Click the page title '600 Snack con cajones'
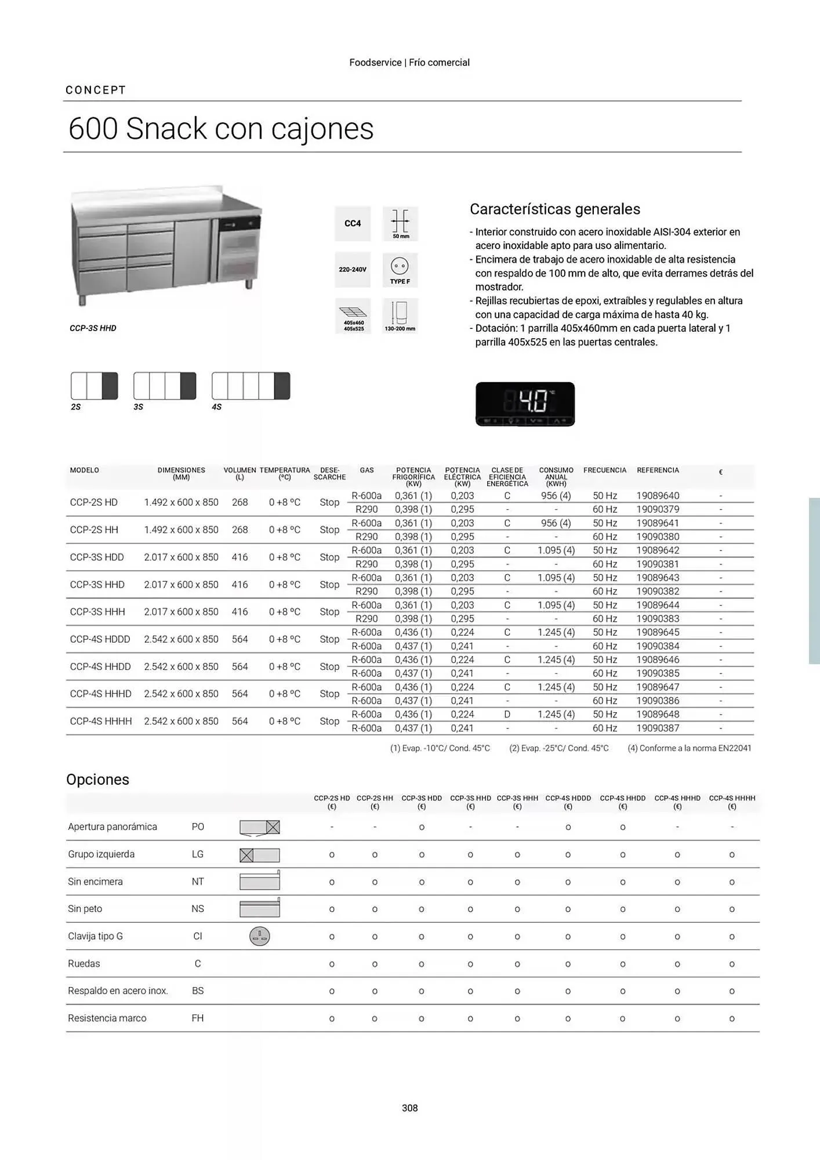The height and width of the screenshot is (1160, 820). click(x=221, y=129)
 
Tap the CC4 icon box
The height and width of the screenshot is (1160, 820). click(x=353, y=224)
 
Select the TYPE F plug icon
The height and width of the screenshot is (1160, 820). click(x=400, y=270)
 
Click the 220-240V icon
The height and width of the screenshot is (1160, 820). click(x=353, y=270)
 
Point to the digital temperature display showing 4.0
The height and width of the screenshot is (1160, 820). click(x=525, y=404)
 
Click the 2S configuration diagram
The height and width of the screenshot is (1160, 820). click(x=94, y=386)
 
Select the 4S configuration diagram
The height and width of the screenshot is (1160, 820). click(x=251, y=386)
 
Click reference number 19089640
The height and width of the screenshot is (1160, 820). click(x=658, y=496)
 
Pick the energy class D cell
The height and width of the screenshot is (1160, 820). click(x=507, y=715)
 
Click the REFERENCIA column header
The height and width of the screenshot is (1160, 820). click(x=658, y=470)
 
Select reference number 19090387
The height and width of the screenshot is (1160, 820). click(x=658, y=728)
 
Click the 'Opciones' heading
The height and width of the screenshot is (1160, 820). click(x=97, y=780)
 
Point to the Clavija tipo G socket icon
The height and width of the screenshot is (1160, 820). click(x=259, y=936)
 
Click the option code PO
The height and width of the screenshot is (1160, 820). click(x=198, y=827)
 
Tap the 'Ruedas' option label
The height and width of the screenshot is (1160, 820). click(x=84, y=964)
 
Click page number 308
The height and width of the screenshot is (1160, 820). click(x=409, y=1108)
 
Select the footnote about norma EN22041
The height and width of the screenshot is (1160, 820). click(x=689, y=748)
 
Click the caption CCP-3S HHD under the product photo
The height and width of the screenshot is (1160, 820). click(x=93, y=328)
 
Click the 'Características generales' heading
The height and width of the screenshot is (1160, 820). click(x=554, y=209)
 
